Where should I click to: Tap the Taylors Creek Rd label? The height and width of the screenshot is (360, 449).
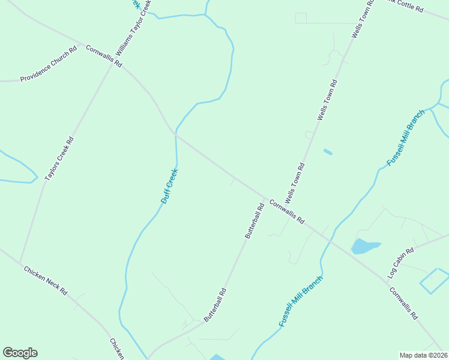(59, 160)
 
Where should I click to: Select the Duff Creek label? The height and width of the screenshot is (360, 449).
(170, 186)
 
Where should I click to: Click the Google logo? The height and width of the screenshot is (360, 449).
(20, 353)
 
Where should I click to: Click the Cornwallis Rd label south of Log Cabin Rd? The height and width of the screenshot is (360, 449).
(403, 303)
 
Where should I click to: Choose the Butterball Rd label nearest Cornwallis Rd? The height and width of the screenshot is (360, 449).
(255, 221)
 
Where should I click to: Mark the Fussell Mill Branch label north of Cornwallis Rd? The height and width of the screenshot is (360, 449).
(406, 138)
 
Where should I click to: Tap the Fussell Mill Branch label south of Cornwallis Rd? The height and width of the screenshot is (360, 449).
(301, 301)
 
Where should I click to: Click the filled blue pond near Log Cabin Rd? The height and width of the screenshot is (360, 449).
(364, 246)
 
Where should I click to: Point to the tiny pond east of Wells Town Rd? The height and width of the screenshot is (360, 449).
(328, 152)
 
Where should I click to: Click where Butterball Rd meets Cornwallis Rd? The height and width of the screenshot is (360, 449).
(264, 198)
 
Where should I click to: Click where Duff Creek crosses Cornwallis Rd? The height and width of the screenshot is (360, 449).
(175, 133)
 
